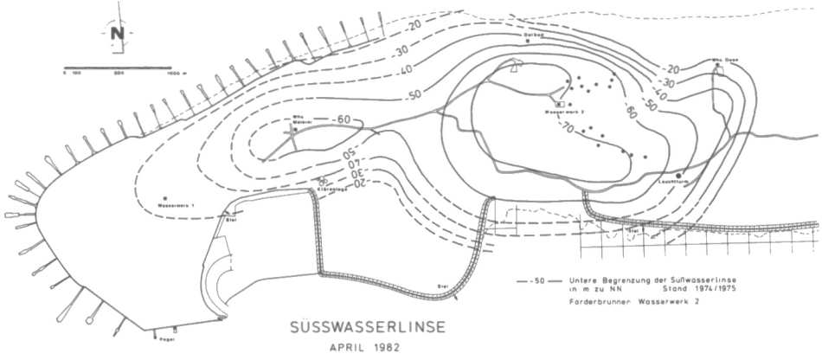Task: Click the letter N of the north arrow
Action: point(116,34)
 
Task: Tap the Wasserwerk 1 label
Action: point(178,205)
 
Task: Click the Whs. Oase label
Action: point(722,59)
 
